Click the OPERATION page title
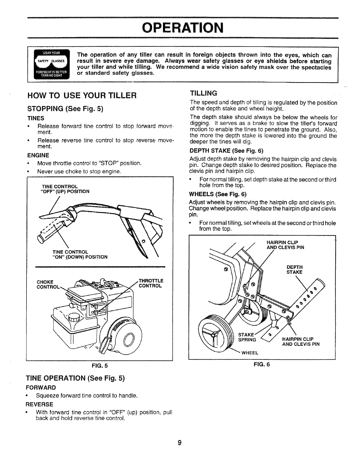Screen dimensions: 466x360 click(183, 28)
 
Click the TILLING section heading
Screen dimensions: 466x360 click(204, 93)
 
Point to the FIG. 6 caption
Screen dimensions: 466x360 click(262, 364)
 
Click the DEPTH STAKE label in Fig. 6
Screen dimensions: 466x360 click(294, 270)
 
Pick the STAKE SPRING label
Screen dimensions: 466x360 click(247, 337)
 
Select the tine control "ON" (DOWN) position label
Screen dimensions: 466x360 click(80, 255)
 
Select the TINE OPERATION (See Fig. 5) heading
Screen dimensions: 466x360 click(76, 378)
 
